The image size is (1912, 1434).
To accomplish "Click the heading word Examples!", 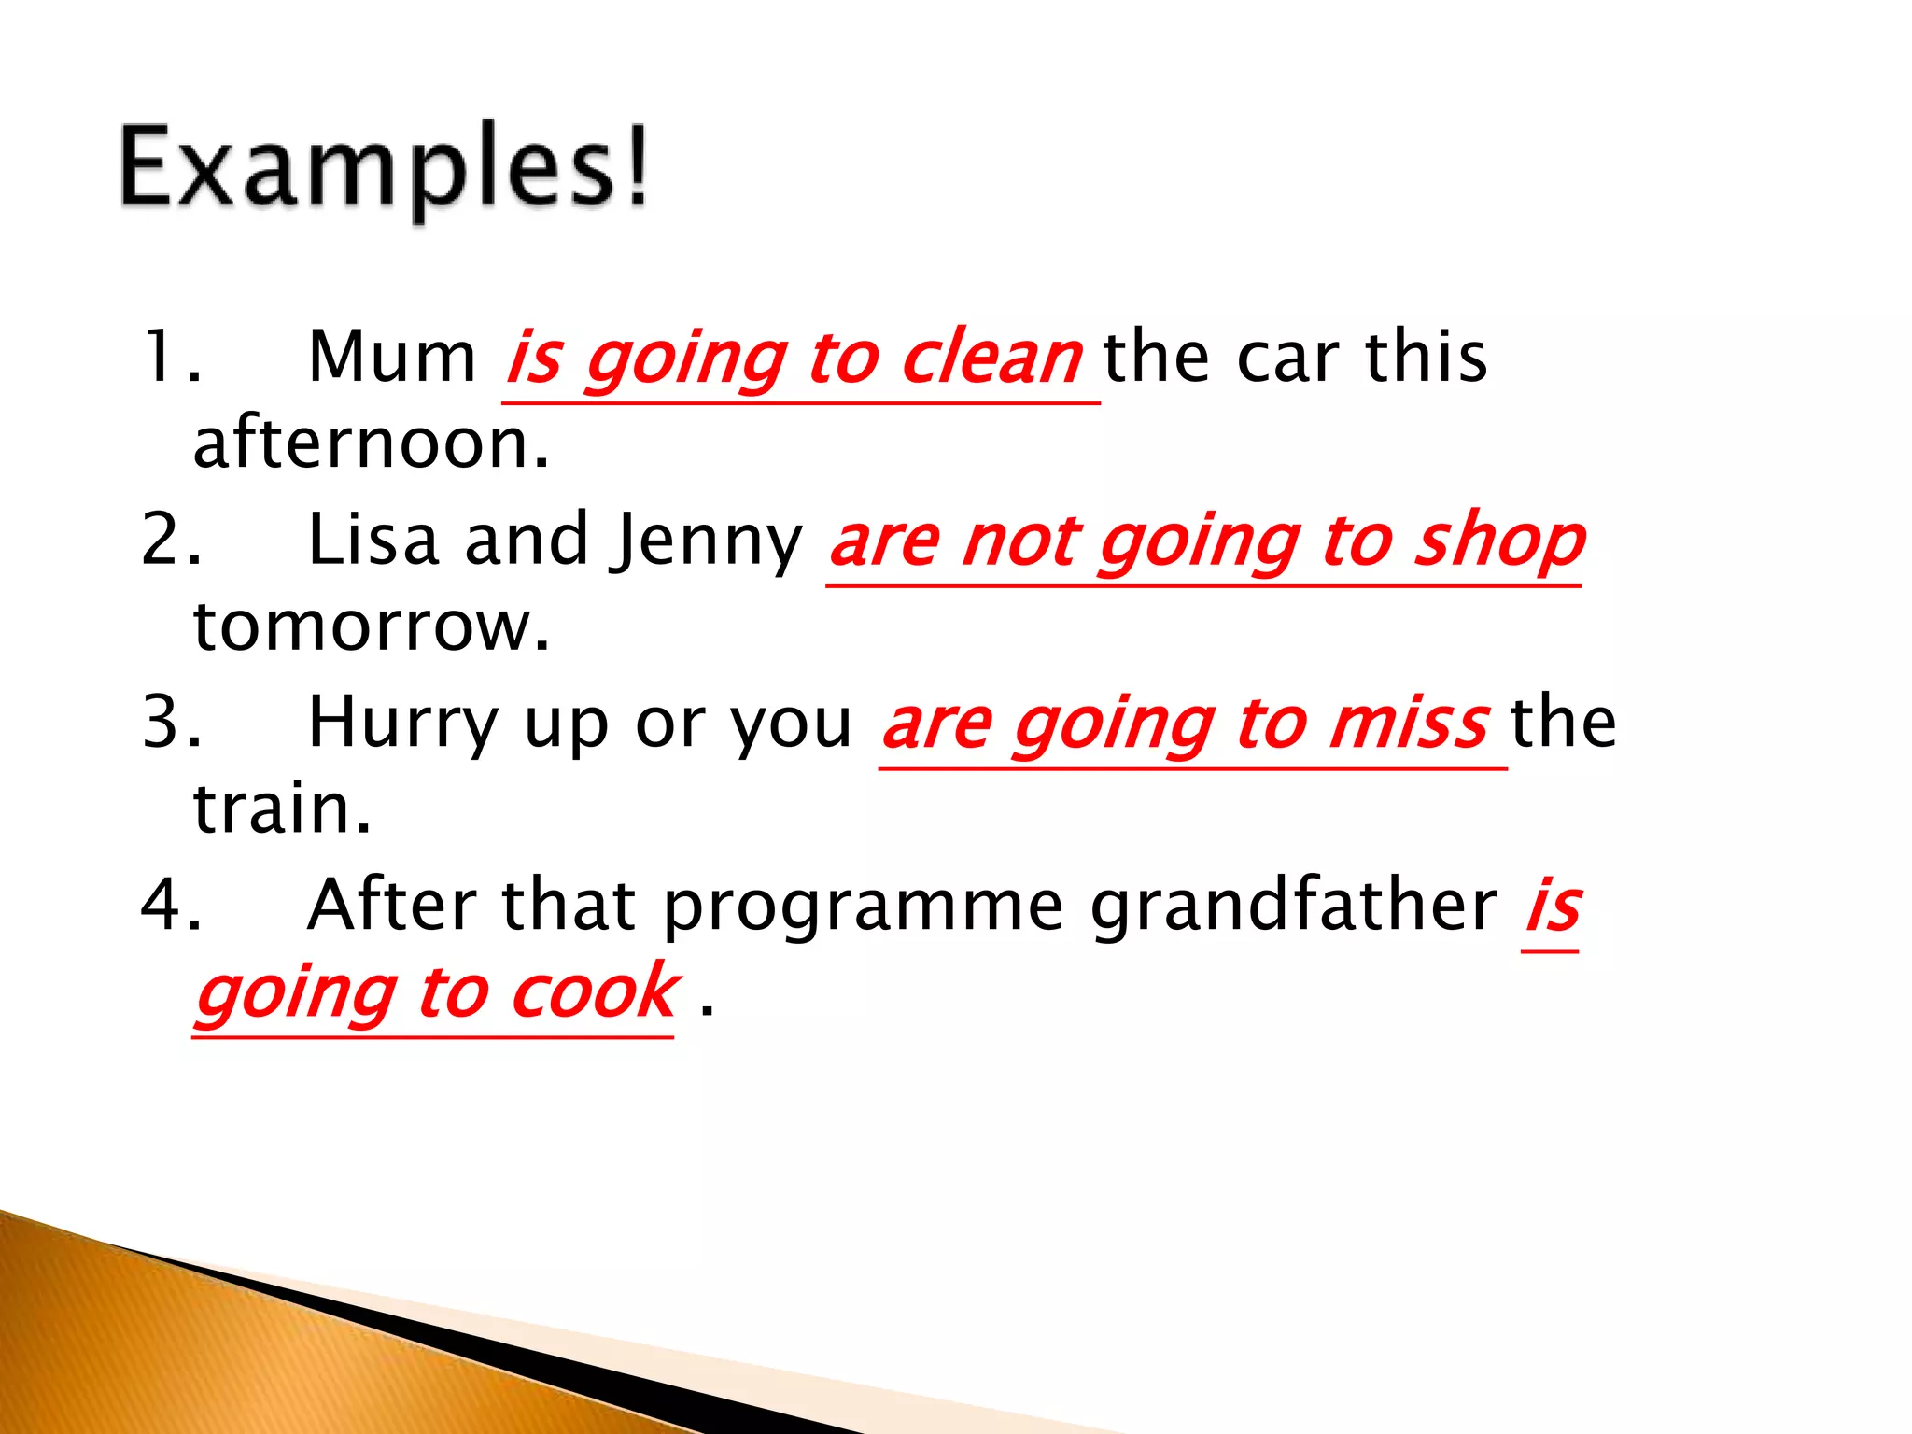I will tap(383, 168).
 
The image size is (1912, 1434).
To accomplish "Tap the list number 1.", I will tap(168, 358).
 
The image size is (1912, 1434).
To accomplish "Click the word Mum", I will tap(392, 358).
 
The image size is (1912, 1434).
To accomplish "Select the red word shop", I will tap(1499, 541).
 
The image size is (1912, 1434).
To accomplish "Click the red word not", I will tap(1021, 541).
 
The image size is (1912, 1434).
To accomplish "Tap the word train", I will tap(281, 808).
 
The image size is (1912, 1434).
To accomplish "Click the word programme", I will tap(864, 906).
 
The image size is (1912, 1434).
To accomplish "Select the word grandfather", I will tap(1294, 906).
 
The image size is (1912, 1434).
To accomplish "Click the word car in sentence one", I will tap(1288, 358).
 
